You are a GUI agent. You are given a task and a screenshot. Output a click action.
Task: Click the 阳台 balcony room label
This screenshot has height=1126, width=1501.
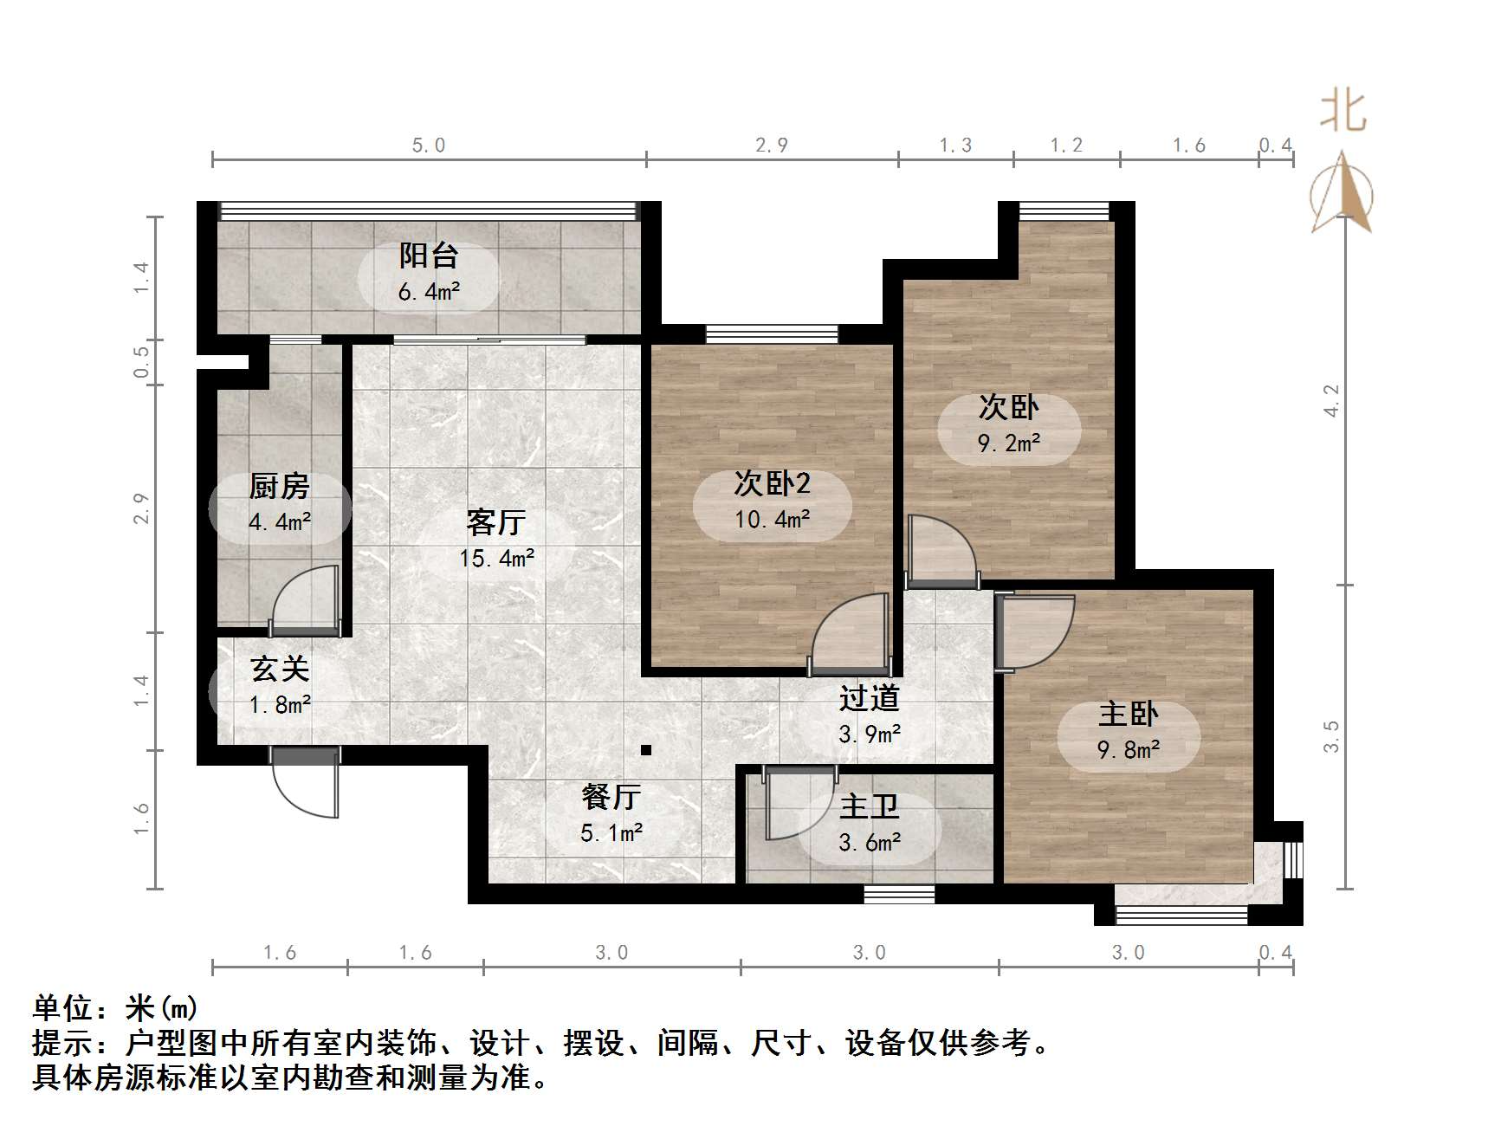428,256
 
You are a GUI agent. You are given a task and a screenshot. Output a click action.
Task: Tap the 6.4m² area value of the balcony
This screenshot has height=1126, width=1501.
429,293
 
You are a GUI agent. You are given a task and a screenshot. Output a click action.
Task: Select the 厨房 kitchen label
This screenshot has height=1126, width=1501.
279,486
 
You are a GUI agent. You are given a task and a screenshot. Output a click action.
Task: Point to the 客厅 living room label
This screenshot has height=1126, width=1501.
495,522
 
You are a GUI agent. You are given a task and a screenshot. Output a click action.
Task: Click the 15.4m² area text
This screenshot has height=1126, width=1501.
496,559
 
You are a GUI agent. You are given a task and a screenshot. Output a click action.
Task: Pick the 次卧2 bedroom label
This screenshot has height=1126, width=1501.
772,483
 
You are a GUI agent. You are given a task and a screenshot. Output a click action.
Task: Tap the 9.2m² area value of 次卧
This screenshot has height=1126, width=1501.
1009,443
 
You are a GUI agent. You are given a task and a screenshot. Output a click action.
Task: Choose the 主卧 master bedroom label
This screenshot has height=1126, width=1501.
1128,714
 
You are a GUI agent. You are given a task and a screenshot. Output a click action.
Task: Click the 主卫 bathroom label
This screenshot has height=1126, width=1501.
869,806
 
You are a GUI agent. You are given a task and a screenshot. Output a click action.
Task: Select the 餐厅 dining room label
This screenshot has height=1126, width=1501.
611,796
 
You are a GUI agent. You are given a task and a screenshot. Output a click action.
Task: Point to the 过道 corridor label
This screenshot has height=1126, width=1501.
869,698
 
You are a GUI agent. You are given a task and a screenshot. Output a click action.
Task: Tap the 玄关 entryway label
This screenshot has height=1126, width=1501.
280,669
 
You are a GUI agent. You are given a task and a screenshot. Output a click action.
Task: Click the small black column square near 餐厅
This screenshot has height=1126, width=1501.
645,750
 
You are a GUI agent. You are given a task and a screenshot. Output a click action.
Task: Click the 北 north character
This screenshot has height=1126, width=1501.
1342,112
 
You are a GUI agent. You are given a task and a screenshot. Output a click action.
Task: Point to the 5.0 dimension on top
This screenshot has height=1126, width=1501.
429,146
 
